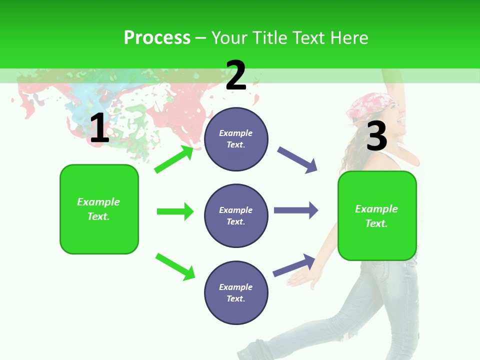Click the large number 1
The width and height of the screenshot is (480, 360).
(99, 128)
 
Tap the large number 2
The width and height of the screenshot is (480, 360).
(236, 75)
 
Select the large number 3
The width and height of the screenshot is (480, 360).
(376, 136)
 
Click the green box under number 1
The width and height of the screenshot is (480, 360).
(99, 209)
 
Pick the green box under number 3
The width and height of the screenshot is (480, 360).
(377, 216)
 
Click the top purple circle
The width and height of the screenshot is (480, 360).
(236, 139)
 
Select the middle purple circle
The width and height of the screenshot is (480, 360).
(236, 215)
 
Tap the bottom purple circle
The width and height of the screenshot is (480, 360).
(236, 292)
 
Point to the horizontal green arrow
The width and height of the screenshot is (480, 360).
(175, 211)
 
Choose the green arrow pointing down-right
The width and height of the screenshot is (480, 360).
(175, 266)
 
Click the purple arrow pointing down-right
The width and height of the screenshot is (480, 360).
(297, 160)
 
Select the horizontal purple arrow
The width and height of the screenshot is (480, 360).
(295, 210)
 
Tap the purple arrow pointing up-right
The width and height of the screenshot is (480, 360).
(294, 265)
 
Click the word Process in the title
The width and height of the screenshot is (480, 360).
(157, 37)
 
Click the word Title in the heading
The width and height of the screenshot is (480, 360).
(269, 37)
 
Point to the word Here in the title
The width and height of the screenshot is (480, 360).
(349, 37)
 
